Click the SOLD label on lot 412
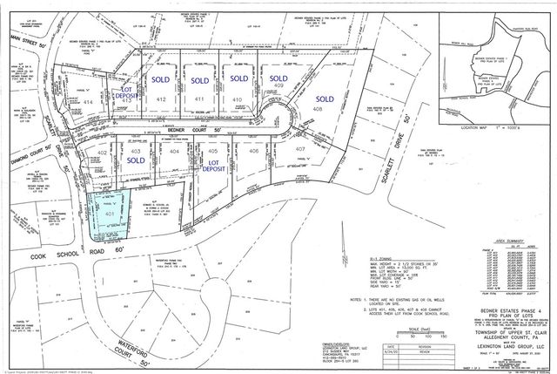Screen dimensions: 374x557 pos(161,79)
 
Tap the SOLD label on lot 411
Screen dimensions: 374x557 pos(200,79)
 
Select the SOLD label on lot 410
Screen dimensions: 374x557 pos(239,79)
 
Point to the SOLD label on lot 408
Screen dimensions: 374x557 pos(325,98)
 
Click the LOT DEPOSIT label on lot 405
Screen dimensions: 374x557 pos(211,163)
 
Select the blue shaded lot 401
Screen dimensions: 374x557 pos(109,214)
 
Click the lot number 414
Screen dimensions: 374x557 pos(87,102)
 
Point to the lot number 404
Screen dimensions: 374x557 pos(174,152)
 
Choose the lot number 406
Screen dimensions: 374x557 pos(252,152)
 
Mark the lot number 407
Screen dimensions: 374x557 pos(300,150)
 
